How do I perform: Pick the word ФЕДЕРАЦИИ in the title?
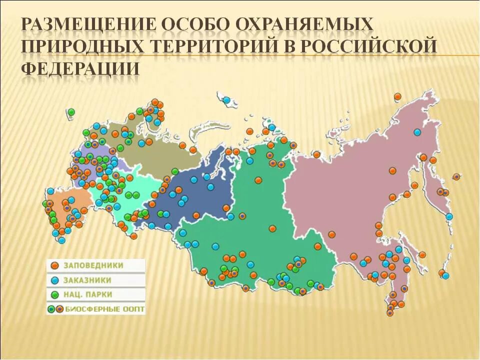(x=79, y=67)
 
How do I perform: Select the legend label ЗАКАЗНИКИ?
(x=87, y=280)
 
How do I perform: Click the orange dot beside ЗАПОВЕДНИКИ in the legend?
(x=54, y=265)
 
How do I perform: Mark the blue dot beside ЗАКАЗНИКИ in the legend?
(x=54, y=280)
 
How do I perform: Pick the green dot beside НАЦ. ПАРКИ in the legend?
(x=54, y=294)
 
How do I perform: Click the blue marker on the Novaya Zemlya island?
(x=227, y=100)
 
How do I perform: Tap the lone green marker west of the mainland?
(x=71, y=111)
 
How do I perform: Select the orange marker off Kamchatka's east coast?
(x=456, y=176)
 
